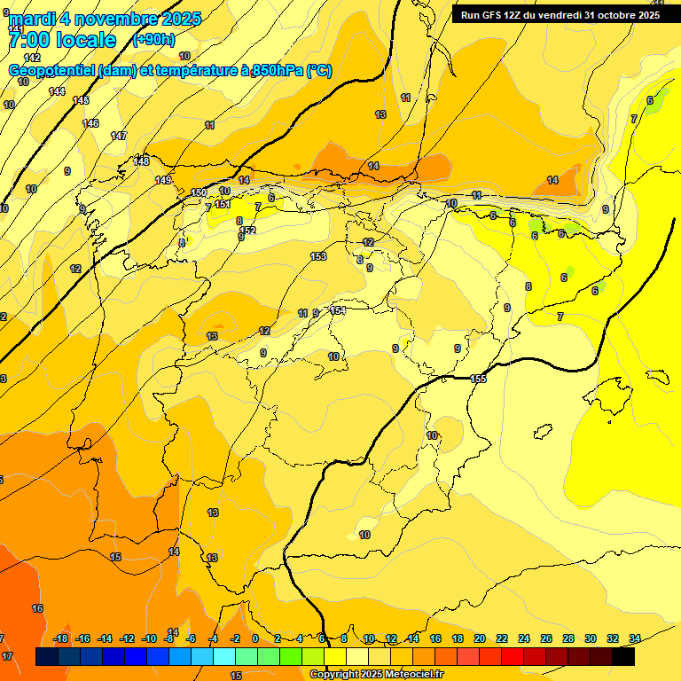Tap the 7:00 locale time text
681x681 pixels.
62,40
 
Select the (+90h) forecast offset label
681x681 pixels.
154,39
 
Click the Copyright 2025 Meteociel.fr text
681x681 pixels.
376,675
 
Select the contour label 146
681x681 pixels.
90,123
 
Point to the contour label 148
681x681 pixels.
141,160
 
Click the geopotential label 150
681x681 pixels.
199,192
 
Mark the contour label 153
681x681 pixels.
318,256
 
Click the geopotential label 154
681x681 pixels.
337,311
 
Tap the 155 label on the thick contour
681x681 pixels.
478,379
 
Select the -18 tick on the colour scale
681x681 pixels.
61,638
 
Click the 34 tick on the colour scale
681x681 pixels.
634,638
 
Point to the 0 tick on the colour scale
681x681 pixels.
255,638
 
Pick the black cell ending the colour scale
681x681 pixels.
623,656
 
